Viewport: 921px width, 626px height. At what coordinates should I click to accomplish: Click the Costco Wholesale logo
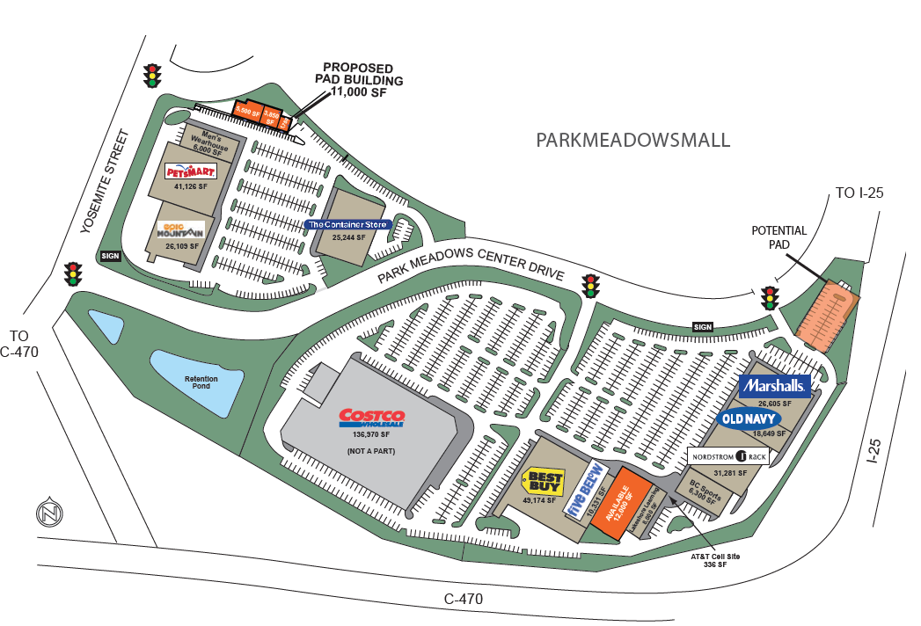tap(372, 419)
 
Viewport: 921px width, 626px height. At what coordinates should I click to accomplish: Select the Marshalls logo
tap(774, 386)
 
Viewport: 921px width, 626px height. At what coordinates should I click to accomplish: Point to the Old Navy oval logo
tap(750, 419)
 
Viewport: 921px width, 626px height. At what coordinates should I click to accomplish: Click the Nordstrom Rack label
tap(729, 457)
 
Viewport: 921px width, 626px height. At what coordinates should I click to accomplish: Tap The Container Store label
tap(347, 224)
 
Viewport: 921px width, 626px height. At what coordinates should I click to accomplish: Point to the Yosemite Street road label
tap(105, 182)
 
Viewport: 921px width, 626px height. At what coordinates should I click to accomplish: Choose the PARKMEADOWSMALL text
tap(632, 140)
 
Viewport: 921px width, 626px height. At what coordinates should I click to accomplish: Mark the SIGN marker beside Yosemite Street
tap(111, 256)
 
